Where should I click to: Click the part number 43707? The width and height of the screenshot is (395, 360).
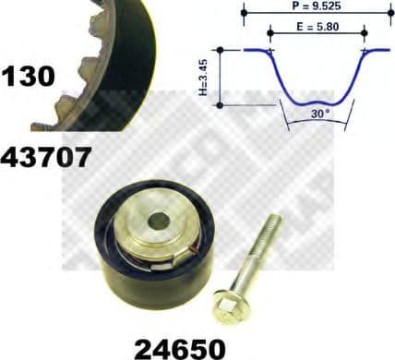click(x=46, y=157)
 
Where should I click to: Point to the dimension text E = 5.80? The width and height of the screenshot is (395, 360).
click(x=317, y=26)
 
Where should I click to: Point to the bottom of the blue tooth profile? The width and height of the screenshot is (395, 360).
click(x=318, y=102)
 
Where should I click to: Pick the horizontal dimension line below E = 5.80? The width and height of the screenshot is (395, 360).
click(x=317, y=35)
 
